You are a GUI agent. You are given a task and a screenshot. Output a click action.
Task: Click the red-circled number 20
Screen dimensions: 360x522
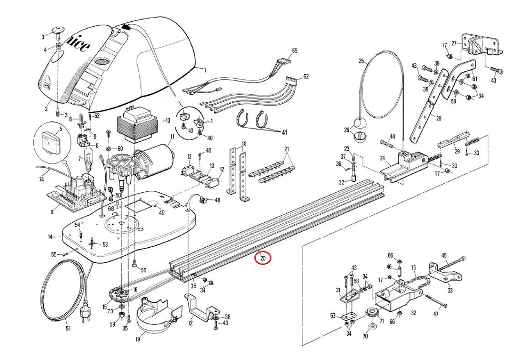(x=262, y=258)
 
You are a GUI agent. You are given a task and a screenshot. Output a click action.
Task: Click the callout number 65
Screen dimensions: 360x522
(x=294, y=50)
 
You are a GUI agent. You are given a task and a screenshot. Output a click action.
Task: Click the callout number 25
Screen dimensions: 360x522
(x=361, y=60)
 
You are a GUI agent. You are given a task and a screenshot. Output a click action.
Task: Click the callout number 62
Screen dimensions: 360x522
(x=306, y=76)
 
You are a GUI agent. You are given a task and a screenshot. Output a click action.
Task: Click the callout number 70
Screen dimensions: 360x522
(x=365, y=336)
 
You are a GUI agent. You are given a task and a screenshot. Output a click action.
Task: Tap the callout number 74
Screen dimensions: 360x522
(x=41, y=180)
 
